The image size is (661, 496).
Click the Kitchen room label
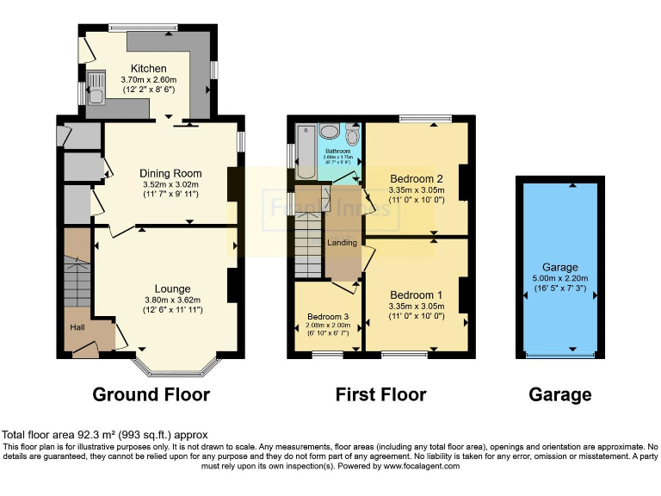coord(148,69)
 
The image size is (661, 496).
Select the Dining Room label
coord(170,172)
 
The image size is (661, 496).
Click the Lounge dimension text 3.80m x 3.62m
coord(172,300)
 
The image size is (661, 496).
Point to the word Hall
coord(78,326)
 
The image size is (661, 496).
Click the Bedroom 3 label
coord(327,315)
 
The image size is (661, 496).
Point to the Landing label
coord(342,243)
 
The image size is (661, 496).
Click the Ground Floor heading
coord(151,395)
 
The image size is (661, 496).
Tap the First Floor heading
coord(380,395)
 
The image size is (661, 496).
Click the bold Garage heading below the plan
coord(560,395)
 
